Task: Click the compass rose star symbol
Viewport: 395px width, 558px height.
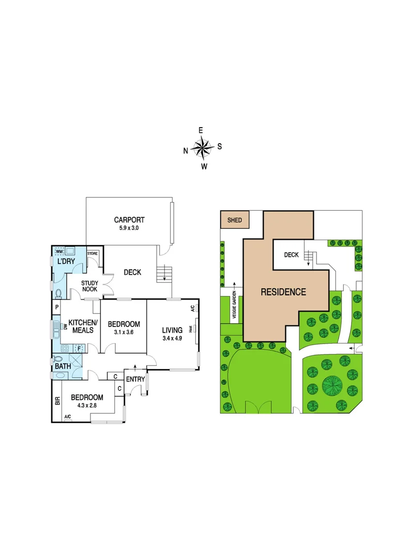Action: (203, 148)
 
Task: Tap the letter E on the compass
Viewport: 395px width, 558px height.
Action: (201, 130)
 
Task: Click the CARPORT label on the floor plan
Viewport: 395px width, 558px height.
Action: (129, 219)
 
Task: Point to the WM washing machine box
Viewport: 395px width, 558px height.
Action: (58, 252)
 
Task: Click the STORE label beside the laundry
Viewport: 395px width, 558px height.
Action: (93, 254)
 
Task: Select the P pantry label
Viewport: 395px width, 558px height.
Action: (56, 307)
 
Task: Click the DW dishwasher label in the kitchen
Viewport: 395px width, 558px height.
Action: (66, 327)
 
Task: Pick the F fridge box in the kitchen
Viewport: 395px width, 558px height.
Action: (79, 349)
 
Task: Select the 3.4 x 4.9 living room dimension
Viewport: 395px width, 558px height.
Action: (172, 339)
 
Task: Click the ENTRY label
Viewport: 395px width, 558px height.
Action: (135, 380)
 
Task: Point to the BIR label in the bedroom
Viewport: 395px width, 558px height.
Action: (57, 400)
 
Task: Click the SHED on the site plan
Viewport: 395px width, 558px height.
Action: (235, 220)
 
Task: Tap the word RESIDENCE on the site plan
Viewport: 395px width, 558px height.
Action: (283, 292)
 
